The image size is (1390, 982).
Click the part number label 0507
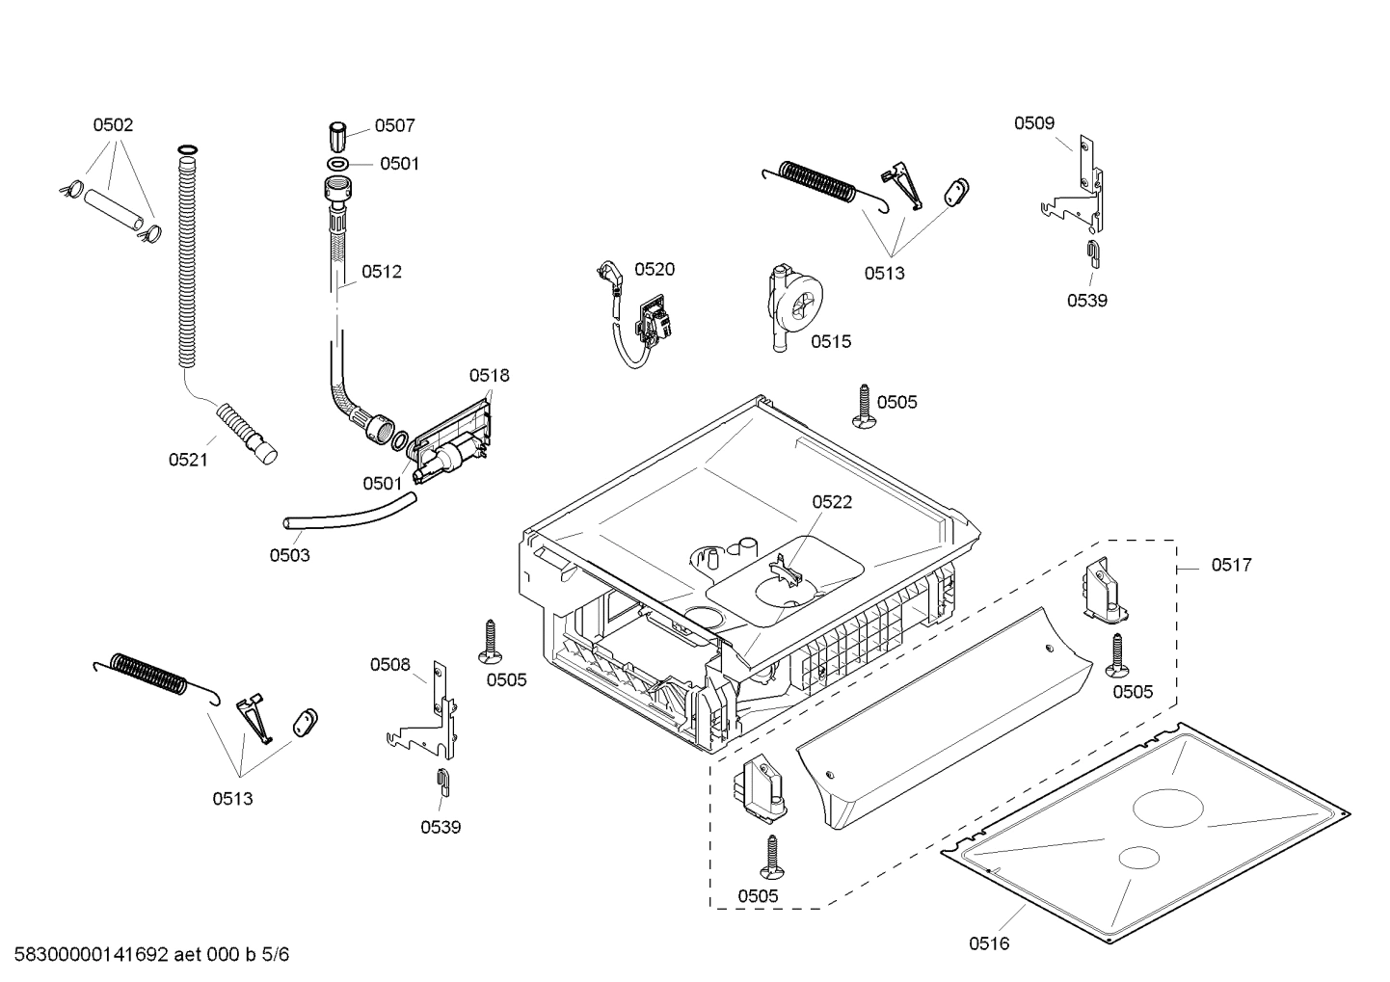click(x=394, y=125)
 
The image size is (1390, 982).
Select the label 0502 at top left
click(x=113, y=124)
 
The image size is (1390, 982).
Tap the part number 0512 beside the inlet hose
click(x=382, y=272)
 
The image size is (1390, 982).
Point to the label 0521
click(x=188, y=460)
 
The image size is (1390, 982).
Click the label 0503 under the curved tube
click(x=289, y=555)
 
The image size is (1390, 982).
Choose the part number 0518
click(x=490, y=375)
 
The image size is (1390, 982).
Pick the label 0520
click(x=655, y=270)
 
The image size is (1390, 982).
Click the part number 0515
click(x=831, y=341)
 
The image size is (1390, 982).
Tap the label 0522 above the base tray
click(x=832, y=502)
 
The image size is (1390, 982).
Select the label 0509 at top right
click(x=1034, y=122)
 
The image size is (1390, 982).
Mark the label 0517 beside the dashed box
click(x=1232, y=565)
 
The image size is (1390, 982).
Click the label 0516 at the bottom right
click(x=989, y=943)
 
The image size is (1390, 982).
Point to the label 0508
click(x=390, y=664)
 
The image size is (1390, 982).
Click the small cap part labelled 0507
click(x=338, y=135)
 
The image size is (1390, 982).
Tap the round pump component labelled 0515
click(x=796, y=306)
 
